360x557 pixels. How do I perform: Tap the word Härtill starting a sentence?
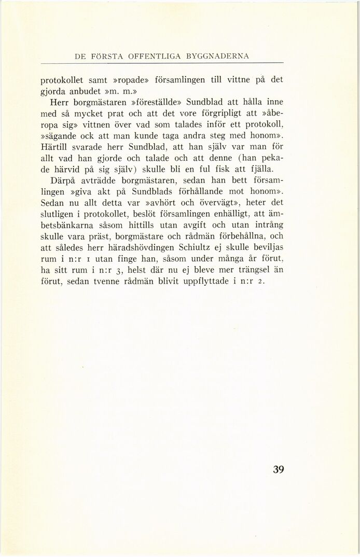[56, 147]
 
